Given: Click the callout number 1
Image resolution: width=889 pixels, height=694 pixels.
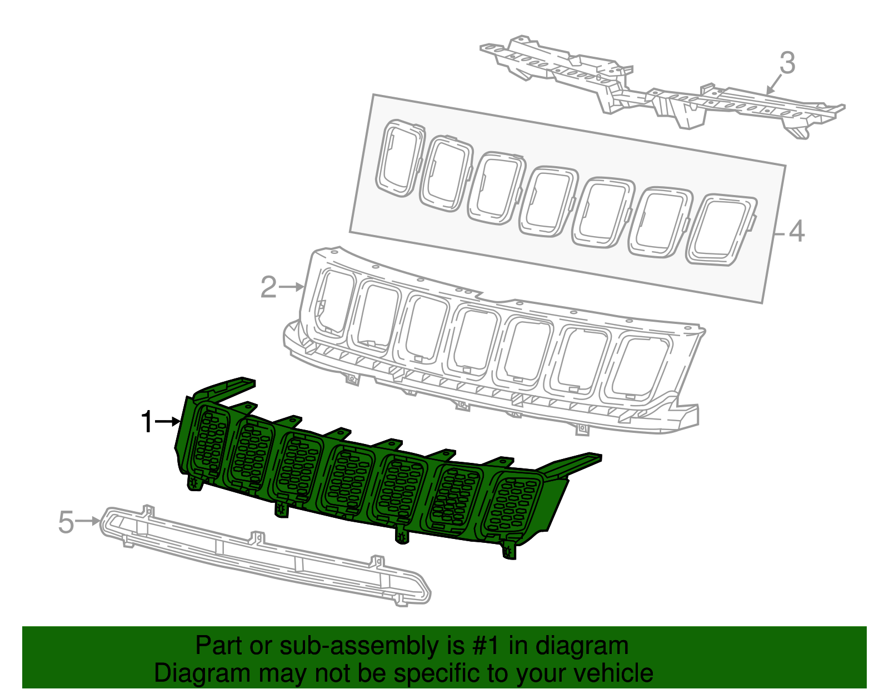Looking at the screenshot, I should click(x=147, y=422).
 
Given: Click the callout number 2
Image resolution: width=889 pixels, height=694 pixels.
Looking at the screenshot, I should click(x=268, y=287).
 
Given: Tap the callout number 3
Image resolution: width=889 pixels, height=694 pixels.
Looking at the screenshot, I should click(x=787, y=63).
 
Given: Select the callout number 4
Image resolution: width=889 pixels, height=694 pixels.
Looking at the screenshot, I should click(x=796, y=231).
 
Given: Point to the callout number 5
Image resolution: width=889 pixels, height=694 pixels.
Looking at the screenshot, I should click(x=66, y=522).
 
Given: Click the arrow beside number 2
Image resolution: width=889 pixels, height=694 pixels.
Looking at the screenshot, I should click(x=292, y=287).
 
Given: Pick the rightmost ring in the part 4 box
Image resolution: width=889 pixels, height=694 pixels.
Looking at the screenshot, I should click(x=721, y=229).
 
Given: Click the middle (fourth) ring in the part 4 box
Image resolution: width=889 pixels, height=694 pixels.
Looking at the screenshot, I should click(x=547, y=202).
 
